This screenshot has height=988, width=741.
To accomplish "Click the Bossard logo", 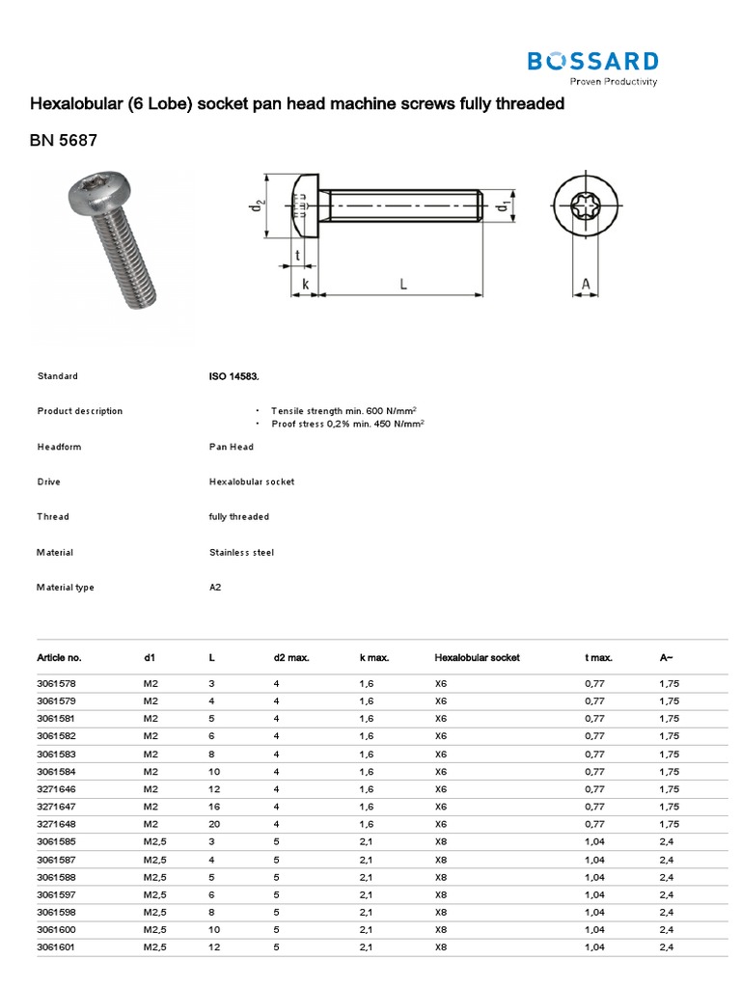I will tap(592, 65).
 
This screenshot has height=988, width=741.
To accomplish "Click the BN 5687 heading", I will tap(64, 141).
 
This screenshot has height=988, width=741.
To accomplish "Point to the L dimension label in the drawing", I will tap(401, 284).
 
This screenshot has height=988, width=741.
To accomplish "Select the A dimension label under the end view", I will tap(585, 284).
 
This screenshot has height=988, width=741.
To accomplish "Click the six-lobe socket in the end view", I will tap(585, 207).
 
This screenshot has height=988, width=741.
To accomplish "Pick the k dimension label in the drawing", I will tap(305, 284).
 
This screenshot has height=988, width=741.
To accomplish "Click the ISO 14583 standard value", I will tap(233, 376).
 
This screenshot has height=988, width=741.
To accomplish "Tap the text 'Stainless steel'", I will tap(241, 553).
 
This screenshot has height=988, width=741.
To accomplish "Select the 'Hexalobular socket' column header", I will tap(477, 657).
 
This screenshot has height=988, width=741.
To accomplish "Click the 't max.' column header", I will tap(598, 657).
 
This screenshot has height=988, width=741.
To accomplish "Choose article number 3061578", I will tap(57, 683).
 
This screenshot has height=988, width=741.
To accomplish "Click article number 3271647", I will tap(57, 807).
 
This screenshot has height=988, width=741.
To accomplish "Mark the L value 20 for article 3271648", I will tap(214, 824).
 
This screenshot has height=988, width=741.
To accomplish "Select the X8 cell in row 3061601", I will tap(441, 947).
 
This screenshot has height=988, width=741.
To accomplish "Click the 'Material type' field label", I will tap(66, 588).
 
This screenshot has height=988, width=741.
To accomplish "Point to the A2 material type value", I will tap(215, 588).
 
